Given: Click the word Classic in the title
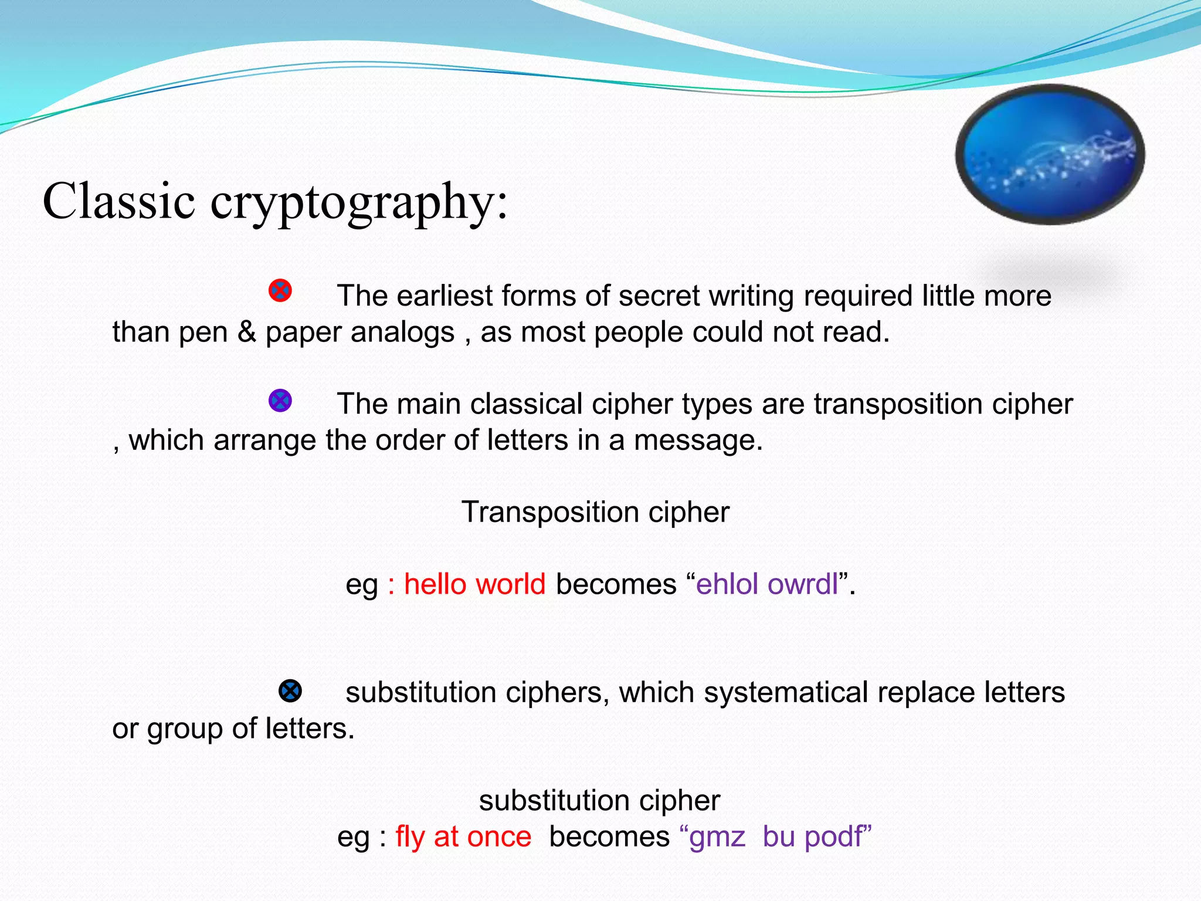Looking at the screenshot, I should [x=119, y=201].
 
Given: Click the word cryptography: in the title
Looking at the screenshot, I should [x=358, y=202].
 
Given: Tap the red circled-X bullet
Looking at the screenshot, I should [x=280, y=290].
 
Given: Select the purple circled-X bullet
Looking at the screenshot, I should [x=280, y=401].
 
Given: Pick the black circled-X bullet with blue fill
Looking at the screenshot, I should [x=290, y=691].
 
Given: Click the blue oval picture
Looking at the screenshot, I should [x=1050, y=154].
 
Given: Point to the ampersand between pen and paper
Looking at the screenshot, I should [x=247, y=332].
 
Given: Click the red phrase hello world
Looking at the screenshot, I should [x=474, y=584].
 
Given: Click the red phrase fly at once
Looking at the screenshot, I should [x=463, y=836].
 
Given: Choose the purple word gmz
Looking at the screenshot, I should [x=717, y=837].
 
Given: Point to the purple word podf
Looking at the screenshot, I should [x=833, y=837].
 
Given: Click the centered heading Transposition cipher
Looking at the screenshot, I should [x=595, y=512].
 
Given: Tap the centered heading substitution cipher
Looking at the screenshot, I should [x=599, y=800].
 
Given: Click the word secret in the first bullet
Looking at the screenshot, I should [x=659, y=296].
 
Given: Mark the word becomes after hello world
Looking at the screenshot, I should [x=616, y=584].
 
